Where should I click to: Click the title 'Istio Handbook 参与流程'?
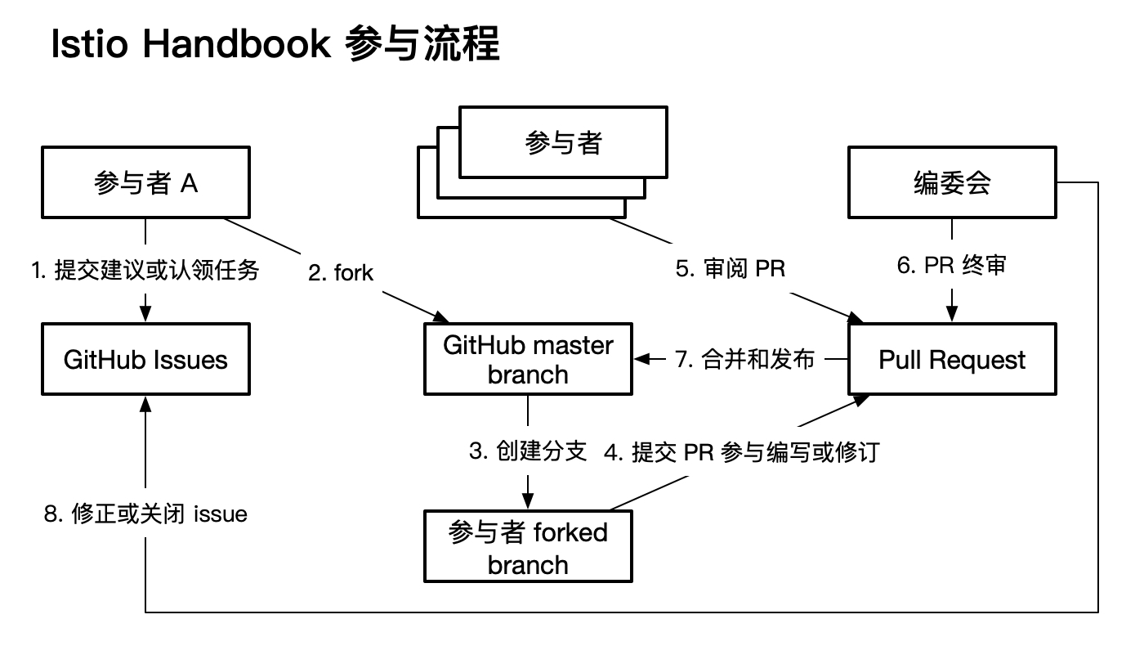point(275,45)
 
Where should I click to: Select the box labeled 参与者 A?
point(145,182)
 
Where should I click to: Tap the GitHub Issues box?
point(145,359)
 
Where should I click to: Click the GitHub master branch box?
point(528,359)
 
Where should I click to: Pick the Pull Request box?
point(952,359)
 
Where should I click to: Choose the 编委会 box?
point(952,182)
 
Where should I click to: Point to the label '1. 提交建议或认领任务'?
point(145,270)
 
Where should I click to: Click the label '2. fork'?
point(341,272)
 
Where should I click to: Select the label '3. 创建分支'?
point(528,451)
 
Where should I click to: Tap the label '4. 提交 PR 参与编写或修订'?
point(741,452)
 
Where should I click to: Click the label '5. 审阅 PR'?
point(730,269)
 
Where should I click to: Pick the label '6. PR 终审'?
point(952,266)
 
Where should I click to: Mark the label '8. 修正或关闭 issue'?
point(145,514)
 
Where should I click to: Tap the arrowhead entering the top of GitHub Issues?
point(145,316)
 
